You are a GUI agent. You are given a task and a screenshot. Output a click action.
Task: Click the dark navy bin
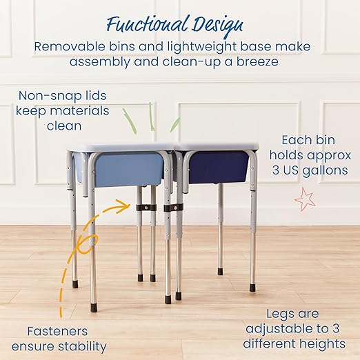click(219, 168)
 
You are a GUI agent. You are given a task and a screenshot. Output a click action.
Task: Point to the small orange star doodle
click(305, 200)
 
